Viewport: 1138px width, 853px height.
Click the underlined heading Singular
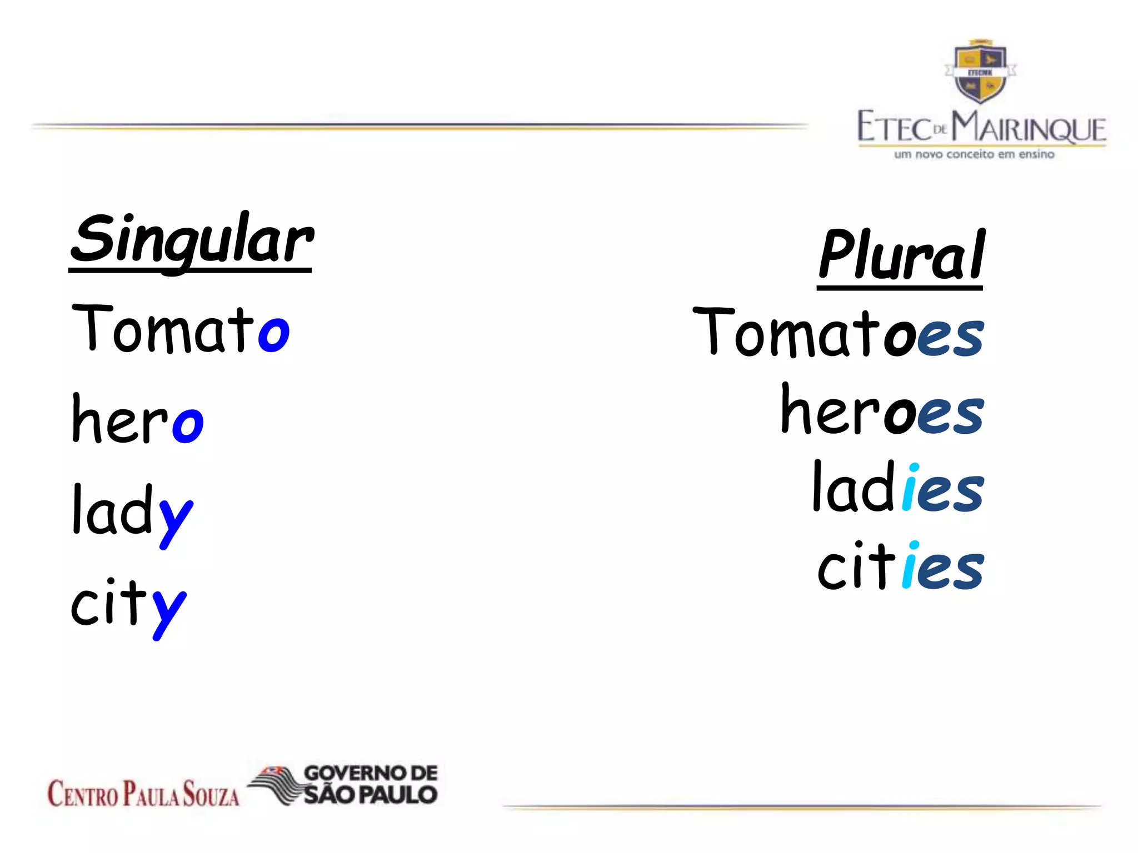[x=191, y=240]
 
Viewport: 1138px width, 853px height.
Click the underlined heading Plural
[x=901, y=255]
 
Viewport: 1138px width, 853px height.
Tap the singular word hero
[x=138, y=419]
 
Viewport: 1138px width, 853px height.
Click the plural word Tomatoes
[x=838, y=333]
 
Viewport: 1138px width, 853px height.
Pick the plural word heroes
[x=882, y=411]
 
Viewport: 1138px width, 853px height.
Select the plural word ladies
[x=897, y=489]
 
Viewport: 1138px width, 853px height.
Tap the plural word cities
[x=900, y=566]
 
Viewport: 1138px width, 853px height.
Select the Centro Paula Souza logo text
[x=143, y=793]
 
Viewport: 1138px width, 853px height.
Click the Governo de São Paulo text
[x=371, y=784]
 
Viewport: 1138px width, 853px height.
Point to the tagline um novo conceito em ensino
[x=974, y=154]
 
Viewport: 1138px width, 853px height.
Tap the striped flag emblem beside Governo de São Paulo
[x=275, y=784]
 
